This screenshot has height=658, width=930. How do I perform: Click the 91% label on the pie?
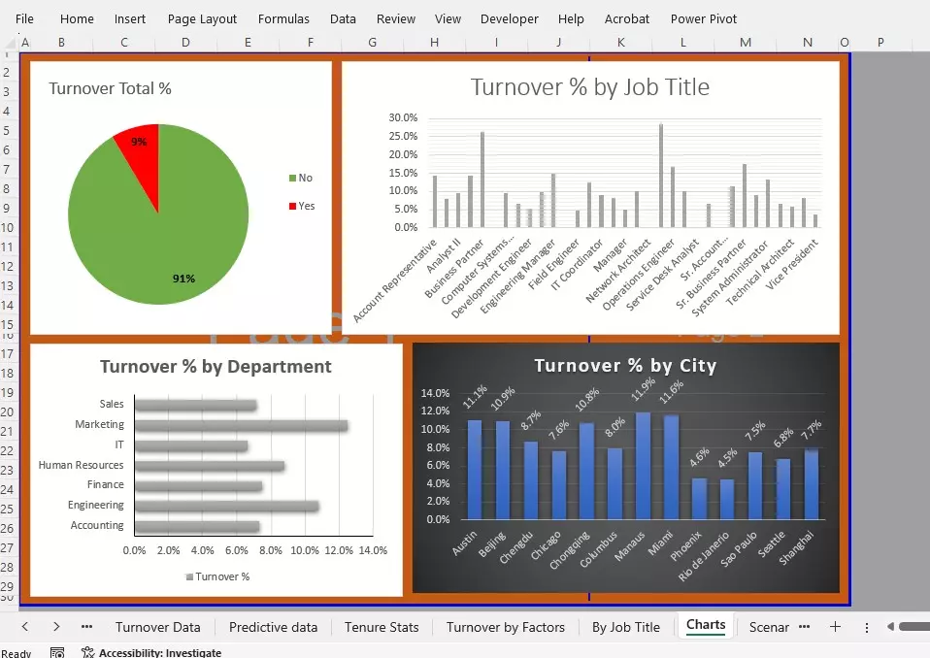pyautogui.click(x=183, y=279)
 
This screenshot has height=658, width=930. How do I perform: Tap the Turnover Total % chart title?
pyautogui.click(x=110, y=88)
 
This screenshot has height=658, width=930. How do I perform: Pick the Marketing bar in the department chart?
pyautogui.click(x=241, y=425)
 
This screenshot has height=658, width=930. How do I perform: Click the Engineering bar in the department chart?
pyautogui.click(x=226, y=506)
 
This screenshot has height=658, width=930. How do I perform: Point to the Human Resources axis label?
pyautogui.click(x=81, y=466)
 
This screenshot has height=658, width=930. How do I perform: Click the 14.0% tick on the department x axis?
pyautogui.click(x=373, y=550)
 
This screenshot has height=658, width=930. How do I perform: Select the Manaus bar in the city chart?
pyautogui.click(x=643, y=466)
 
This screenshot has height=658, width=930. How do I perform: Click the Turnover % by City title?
pyautogui.click(x=625, y=366)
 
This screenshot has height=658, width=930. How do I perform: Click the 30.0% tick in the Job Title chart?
pyautogui.click(x=403, y=117)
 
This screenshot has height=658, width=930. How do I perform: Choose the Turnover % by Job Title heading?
pyautogui.click(x=589, y=87)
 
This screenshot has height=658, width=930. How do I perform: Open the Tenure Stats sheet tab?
pyautogui.click(x=382, y=627)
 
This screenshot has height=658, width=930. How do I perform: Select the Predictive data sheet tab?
pyautogui.click(x=273, y=627)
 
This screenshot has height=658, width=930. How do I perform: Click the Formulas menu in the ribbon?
pyautogui.click(x=283, y=18)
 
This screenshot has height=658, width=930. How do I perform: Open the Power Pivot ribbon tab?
pyautogui.click(x=703, y=18)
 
